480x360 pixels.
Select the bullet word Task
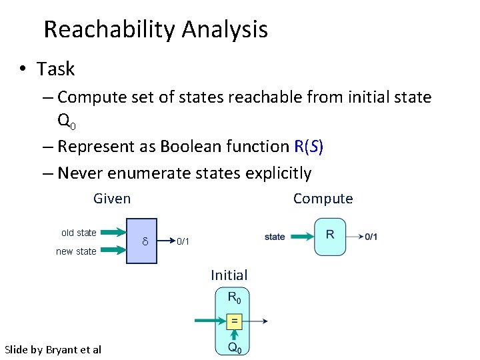[x=56, y=69]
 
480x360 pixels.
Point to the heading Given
[x=112, y=199]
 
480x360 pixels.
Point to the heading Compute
[x=323, y=199]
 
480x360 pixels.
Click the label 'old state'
[x=79, y=233]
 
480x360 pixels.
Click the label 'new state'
[x=76, y=251]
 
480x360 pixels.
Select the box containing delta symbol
[x=141, y=241]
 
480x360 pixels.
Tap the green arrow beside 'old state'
[x=113, y=233]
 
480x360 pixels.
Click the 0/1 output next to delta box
[x=183, y=241]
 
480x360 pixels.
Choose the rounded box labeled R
[x=330, y=237]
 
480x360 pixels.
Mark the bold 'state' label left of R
[x=275, y=237]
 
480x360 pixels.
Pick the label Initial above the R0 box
[x=229, y=275]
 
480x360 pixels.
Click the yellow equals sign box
[x=233, y=321]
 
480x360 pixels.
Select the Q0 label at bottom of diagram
[x=234, y=347]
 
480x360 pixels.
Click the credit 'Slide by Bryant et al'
[x=53, y=349]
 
